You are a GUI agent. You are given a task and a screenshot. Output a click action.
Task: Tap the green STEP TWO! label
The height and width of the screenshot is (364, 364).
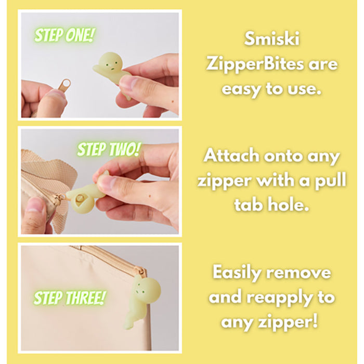[109, 150]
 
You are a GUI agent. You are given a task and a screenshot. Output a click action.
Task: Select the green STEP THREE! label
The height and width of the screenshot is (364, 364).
[70, 298]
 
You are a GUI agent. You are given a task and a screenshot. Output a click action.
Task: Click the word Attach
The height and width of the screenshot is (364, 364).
[235, 156]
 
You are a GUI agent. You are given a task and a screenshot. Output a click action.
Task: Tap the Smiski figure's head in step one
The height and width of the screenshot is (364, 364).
[110, 61]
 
